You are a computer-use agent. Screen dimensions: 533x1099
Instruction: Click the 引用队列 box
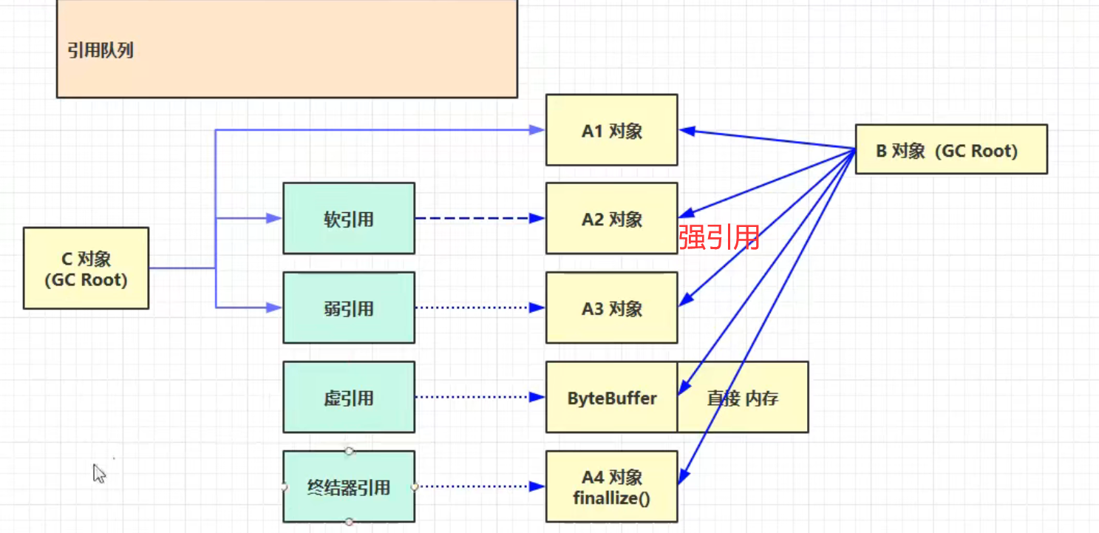click(287, 49)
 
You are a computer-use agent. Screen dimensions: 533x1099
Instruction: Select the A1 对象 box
click(611, 130)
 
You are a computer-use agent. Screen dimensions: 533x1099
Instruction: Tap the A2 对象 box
click(611, 219)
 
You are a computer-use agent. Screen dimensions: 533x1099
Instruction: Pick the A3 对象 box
click(611, 308)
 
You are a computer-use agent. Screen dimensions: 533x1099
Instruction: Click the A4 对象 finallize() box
click(611, 486)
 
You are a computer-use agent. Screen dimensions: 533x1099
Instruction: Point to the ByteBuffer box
click(611, 398)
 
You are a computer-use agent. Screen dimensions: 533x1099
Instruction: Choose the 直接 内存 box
click(742, 398)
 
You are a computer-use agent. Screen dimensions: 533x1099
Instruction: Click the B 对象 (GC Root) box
click(950, 149)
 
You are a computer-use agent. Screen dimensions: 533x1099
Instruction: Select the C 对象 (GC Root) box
click(86, 268)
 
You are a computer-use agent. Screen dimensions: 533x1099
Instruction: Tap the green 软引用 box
click(348, 219)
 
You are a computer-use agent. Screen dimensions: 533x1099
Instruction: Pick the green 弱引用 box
click(348, 308)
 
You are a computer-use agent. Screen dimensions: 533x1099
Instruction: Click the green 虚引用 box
click(348, 398)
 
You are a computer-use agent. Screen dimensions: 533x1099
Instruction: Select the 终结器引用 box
click(348, 486)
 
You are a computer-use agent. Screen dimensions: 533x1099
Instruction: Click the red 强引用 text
click(719, 237)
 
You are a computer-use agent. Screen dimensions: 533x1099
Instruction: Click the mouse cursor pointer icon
click(99, 473)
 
